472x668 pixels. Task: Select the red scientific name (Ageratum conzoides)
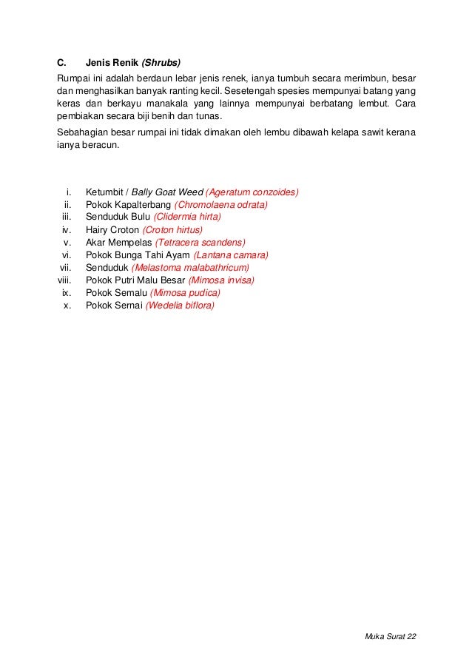[252, 192]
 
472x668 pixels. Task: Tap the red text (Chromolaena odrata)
[220, 204]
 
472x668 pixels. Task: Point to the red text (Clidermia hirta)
[187, 217]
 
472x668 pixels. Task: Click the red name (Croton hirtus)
[172, 229]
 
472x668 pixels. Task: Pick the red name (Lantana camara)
[231, 254]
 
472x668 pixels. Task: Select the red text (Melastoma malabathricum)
[190, 267]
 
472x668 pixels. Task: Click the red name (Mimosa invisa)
[222, 280]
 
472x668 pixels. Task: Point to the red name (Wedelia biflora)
[180, 305]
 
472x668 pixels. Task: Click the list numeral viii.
[64, 280]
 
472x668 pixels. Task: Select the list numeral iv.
[66, 229]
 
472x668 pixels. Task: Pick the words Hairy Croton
[112, 229]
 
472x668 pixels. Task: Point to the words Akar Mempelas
[118, 242]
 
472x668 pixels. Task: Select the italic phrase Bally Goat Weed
[166, 192]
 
